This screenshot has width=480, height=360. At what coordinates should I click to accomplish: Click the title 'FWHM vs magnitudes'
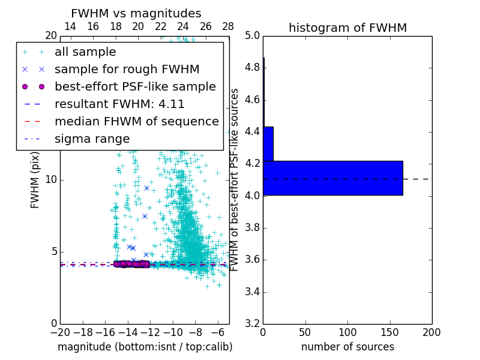(136, 13)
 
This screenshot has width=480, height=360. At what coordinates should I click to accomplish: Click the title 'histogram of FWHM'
(347, 28)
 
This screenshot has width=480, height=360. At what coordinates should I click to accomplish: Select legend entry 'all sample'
(85, 52)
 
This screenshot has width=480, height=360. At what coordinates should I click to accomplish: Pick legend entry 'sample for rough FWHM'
(127, 70)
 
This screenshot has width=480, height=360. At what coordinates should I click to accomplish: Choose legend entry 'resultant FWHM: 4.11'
(119, 104)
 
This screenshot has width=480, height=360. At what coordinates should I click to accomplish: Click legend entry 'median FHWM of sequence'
(136, 122)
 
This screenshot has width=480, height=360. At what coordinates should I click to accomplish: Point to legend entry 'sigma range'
(92, 139)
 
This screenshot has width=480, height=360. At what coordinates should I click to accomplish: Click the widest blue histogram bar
(332, 178)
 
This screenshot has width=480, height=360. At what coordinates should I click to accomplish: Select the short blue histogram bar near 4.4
(268, 143)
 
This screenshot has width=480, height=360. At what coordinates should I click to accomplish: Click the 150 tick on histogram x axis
(389, 332)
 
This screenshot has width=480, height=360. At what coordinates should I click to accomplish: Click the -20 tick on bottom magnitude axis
(60, 332)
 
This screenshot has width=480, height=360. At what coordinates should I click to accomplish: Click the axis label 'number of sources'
(347, 347)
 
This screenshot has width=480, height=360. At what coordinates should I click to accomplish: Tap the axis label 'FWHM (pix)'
(35, 181)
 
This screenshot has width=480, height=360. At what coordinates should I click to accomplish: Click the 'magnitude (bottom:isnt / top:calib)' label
(145, 347)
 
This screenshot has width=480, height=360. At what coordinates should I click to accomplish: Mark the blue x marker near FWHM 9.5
(146, 188)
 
